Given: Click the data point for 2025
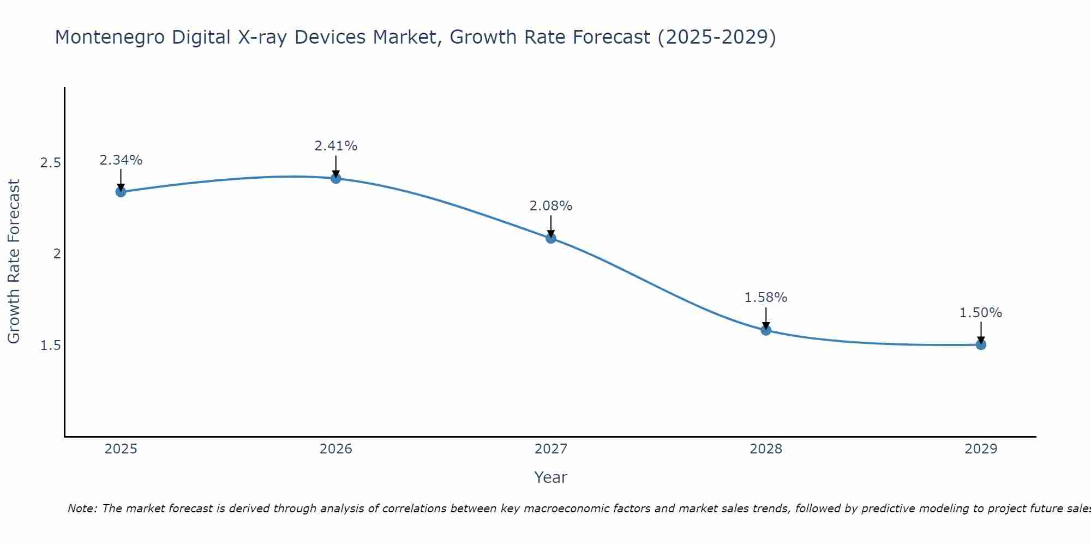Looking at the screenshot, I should click(x=121, y=192).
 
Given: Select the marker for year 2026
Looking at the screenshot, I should click(x=335, y=178).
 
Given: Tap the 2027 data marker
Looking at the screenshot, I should click(x=550, y=238).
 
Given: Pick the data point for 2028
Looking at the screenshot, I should click(x=766, y=330).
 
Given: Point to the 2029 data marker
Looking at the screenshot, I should click(x=981, y=344).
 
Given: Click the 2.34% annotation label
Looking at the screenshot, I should click(x=121, y=160).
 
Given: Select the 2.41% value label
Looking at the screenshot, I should click(x=335, y=146).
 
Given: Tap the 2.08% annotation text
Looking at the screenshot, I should click(x=550, y=206).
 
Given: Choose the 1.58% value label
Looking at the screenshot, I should click(x=766, y=298).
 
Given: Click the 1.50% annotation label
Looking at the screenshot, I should click(x=981, y=313).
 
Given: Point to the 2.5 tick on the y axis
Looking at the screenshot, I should click(x=50, y=163).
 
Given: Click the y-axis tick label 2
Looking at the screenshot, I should click(x=57, y=254).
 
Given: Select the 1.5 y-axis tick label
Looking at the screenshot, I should click(x=50, y=346).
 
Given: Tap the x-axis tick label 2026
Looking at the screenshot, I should click(x=335, y=449).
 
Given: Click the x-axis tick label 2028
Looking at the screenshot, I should click(x=766, y=449).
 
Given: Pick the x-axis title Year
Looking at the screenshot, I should click(x=550, y=477).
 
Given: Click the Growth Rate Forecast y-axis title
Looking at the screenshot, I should click(x=14, y=262).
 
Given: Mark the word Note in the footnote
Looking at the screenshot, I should click(x=82, y=508).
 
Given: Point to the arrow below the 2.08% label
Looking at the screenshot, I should click(x=550, y=226).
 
